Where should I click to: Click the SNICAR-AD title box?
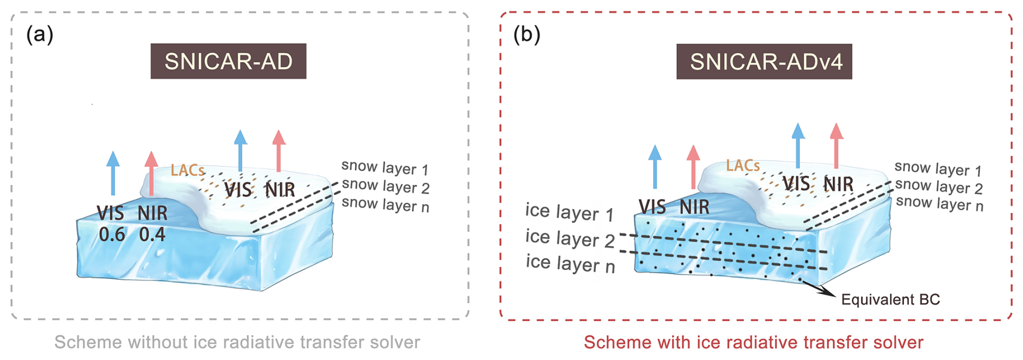(x=228, y=62)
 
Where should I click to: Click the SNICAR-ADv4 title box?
(x=764, y=62)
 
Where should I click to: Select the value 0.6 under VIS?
(x=112, y=235)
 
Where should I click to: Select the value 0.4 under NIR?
(x=152, y=235)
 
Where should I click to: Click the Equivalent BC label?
(x=890, y=299)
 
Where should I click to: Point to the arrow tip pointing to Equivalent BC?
(x=833, y=296)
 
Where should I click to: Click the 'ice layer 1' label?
(x=569, y=212)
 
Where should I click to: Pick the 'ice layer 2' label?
(x=570, y=238)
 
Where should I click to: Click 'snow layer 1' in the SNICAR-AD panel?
(x=385, y=168)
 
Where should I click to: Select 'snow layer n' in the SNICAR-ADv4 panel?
(x=939, y=204)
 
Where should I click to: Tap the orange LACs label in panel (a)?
(x=188, y=171)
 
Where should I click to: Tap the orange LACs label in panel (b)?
(x=743, y=165)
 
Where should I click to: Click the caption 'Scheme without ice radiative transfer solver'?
(x=237, y=342)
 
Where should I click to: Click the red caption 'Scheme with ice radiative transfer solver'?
(x=753, y=342)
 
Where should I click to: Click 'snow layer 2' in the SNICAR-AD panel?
(x=386, y=186)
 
